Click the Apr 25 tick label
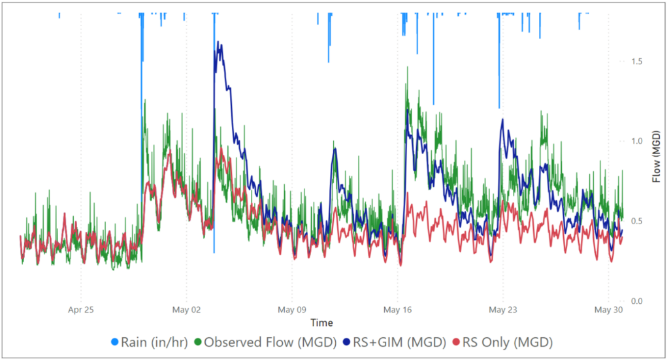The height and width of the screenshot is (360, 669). [81, 310]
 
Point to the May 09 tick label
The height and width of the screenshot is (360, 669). [292, 310]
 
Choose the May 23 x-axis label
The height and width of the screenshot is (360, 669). [503, 310]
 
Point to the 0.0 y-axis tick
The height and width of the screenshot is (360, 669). [637, 301]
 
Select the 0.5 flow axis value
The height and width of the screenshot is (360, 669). [637, 221]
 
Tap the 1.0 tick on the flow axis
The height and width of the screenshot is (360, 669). [637, 141]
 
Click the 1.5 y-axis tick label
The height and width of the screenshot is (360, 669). [637, 61]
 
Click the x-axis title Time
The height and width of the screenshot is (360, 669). [321, 323]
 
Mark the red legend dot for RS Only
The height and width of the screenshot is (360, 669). [456, 342]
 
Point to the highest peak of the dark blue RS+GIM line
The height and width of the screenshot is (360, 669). [220, 44]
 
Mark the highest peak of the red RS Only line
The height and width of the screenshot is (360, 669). [221, 148]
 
